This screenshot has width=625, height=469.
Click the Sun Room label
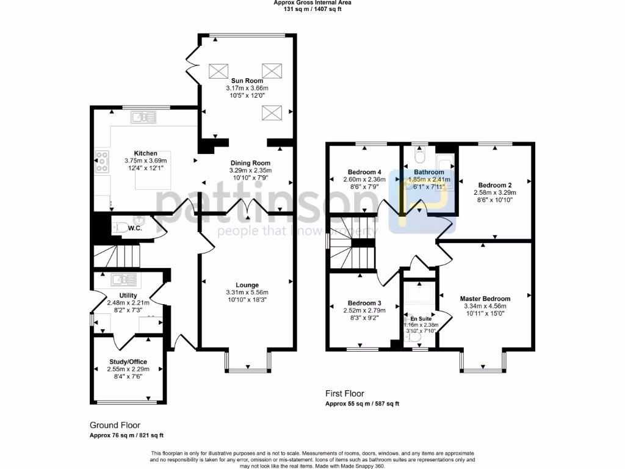pyautogui.click(x=247, y=81)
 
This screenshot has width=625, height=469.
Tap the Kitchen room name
pyautogui.click(x=146, y=153)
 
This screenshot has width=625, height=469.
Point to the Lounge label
pyautogui.click(x=247, y=285)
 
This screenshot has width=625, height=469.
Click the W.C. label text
pyautogui.click(x=135, y=228)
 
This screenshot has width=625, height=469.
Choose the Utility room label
pyautogui.click(x=128, y=296)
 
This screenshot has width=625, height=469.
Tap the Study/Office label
pyautogui.click(x=128, y=362)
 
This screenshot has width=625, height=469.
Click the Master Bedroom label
pyautogui.click(x=485, y=299)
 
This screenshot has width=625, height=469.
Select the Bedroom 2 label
pyautogui.click(x=494, y=185)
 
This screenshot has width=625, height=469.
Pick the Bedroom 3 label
pyautogui.click(x=364, y=303)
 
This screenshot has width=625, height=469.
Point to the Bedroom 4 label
pyautogui.click(x=364, y=172)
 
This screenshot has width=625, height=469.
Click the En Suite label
pyautogui.click(x=420, y=319)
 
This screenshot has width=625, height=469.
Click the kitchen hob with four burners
pyautogui.click(x=101, y=161)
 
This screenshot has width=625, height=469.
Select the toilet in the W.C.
pyautogui.click(x=121, y=228)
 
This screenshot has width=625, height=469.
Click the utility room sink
pyautogui.click(x=123, y=280)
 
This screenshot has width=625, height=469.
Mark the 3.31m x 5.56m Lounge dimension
pyautogui.click(x=247, y=293)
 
